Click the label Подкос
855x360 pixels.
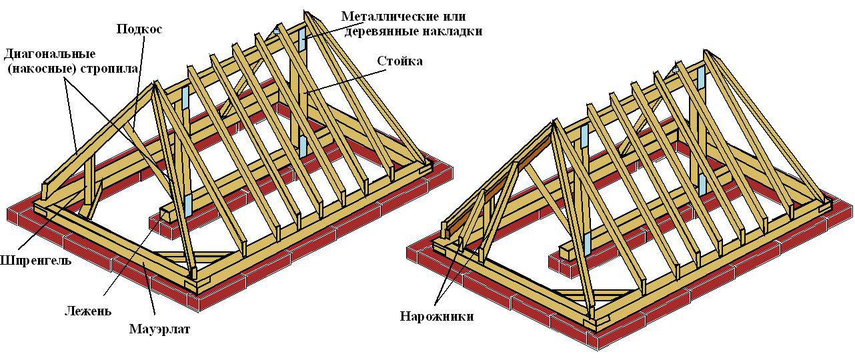click(x=139, y=29)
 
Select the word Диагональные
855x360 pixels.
click(x=49, y=54)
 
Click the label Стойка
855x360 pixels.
click(x=399, y=61)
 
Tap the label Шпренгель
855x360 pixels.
click(x=35, y=260)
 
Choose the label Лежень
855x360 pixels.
click(x=88, y=311)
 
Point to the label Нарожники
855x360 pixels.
click(x=437, y=316)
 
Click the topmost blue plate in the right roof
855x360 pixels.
click(x=701, y=77)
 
